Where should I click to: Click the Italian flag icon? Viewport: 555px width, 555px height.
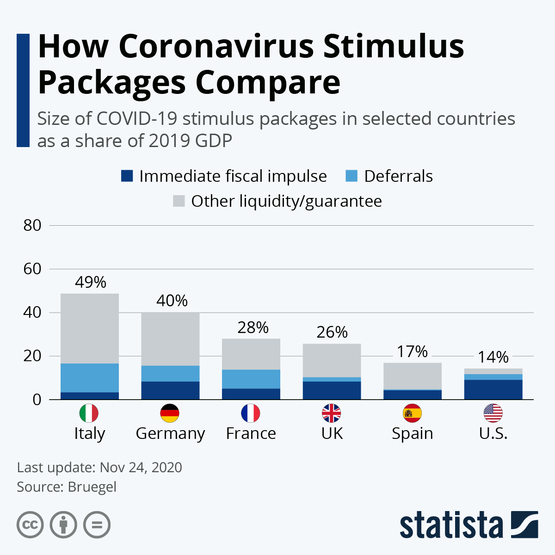tap(89, 413)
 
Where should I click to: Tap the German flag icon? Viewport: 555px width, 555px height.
tap(170, 413)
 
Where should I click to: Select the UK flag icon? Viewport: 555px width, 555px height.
tap(332, 413)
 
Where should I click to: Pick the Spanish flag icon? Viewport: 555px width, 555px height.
tap(412, 413)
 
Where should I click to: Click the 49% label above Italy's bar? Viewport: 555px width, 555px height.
tap(91, 282)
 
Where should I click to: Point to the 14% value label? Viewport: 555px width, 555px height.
tap(493, 357)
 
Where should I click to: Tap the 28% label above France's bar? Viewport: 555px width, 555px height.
tap(253, 328)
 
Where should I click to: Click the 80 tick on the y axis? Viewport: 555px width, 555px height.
tap(32, 226)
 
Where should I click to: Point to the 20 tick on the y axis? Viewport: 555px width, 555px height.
tap(32, 356)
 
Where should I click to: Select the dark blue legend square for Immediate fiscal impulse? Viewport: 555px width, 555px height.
tap(127, 176)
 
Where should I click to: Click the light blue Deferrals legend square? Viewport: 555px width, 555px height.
tap(351, 176)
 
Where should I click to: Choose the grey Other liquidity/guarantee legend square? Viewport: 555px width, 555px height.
tap(179, 201)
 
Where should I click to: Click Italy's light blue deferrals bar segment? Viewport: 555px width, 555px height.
tap(90, 377)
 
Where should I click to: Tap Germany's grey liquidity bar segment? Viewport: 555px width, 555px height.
tap(170, 339)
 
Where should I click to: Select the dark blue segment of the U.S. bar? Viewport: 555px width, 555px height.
tap(493, 389)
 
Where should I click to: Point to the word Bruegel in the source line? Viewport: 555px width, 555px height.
tap(92, 487)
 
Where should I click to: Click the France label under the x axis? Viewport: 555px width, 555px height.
tap(251, 433)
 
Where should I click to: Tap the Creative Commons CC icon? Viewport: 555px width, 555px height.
tap(30, 525)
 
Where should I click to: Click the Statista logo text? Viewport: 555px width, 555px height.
tap(451, 525)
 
